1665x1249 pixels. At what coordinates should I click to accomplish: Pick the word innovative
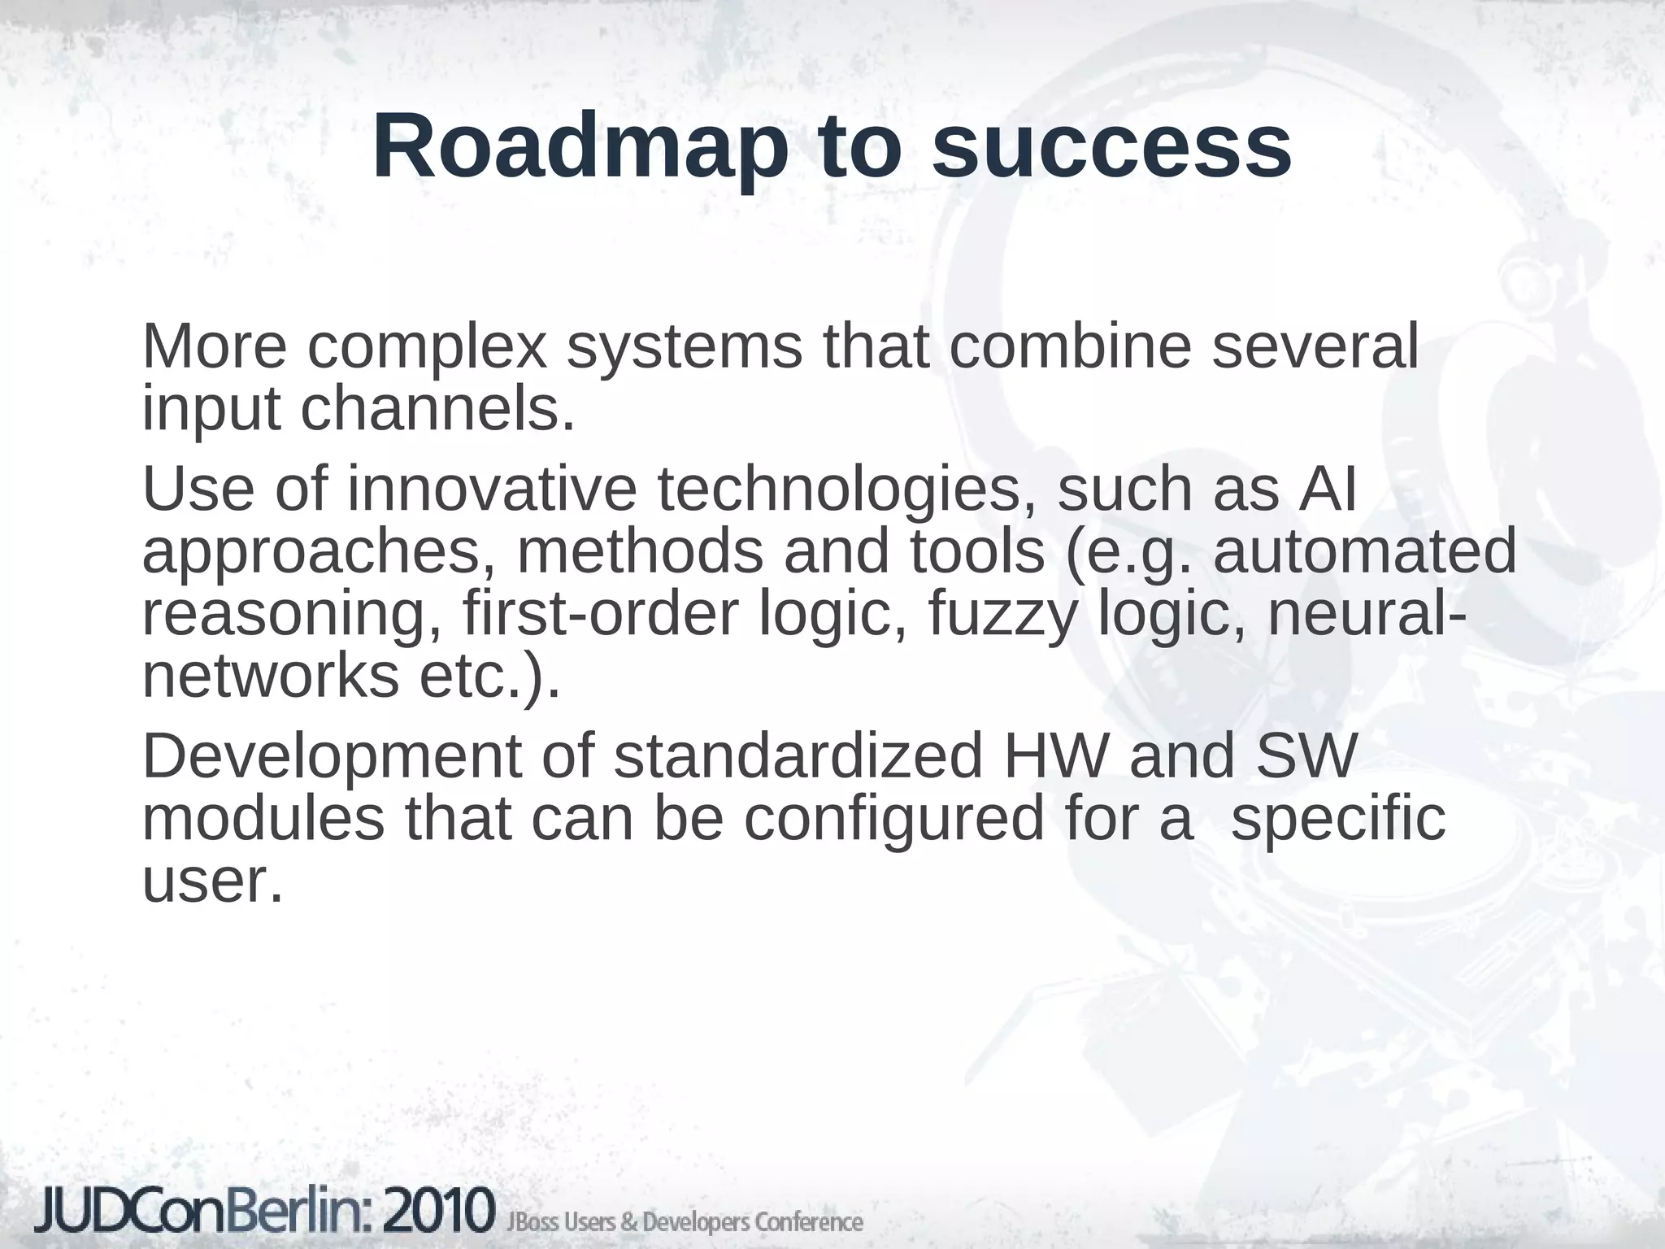pos(492,490)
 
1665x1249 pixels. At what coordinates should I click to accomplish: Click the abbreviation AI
pos(1328,490)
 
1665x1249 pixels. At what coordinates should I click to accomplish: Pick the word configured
pos(894,820)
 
